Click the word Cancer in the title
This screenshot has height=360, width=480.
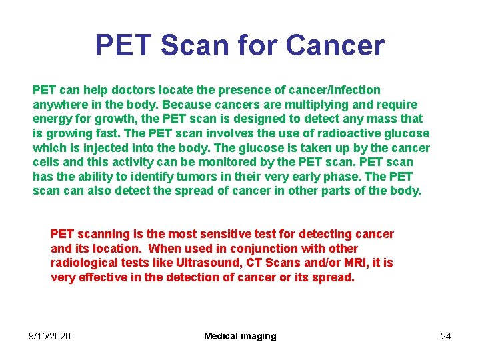coord(335,45)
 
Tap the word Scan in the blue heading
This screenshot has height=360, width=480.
coord(193,45)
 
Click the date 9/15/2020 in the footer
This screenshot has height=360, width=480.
coord(49,336)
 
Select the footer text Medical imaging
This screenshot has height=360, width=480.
coord(240,336)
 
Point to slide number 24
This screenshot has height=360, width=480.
coord(445,336)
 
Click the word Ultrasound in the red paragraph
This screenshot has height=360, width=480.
coord(201,263)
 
